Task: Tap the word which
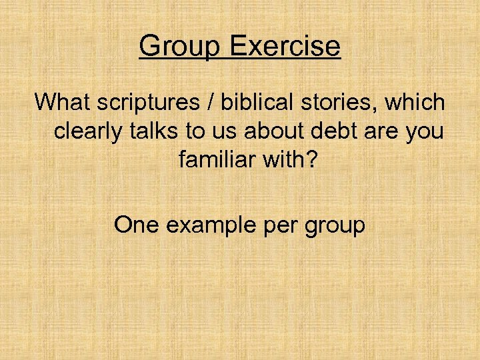point(415,103)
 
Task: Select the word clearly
point(89,132)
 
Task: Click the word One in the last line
point(136,225)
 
